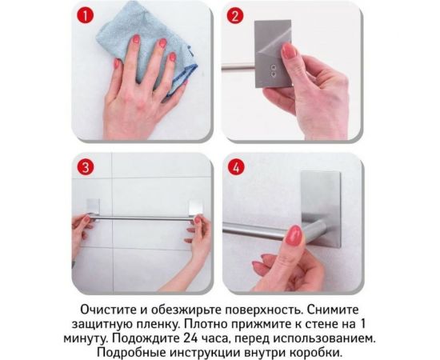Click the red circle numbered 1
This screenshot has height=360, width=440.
[86, 16]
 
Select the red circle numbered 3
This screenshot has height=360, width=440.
[86, 168]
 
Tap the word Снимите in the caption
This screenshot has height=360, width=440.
[343, 309]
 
